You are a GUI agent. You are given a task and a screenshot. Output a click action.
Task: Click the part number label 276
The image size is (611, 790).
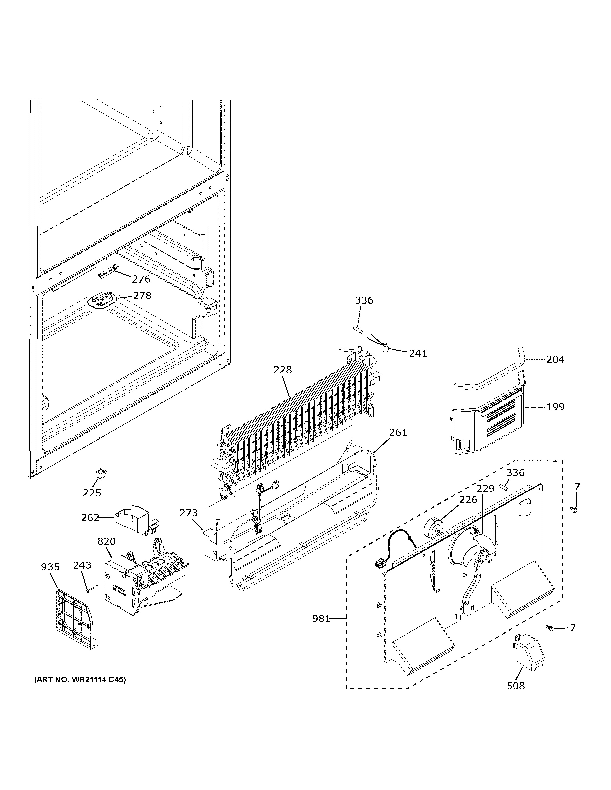tap(141, 279)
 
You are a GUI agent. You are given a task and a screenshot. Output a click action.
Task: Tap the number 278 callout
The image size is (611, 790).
tap(142, 296)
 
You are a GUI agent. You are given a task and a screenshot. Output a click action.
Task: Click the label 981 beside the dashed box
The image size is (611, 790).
tap(321, 619)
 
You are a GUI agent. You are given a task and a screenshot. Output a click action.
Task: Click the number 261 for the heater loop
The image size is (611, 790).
tap(398, 432)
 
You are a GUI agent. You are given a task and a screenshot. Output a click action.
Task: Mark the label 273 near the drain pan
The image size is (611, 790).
tap(189, 513)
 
